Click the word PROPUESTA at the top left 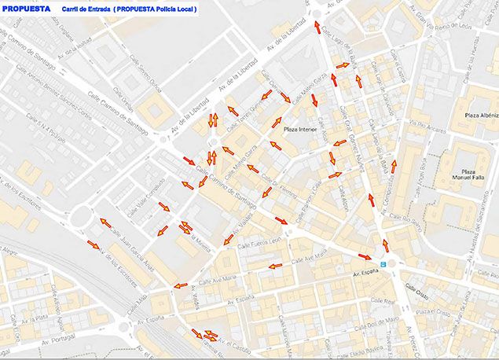27,9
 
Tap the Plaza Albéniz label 482,116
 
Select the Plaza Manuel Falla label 469,176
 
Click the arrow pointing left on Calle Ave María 275,266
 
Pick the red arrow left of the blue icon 365,256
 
